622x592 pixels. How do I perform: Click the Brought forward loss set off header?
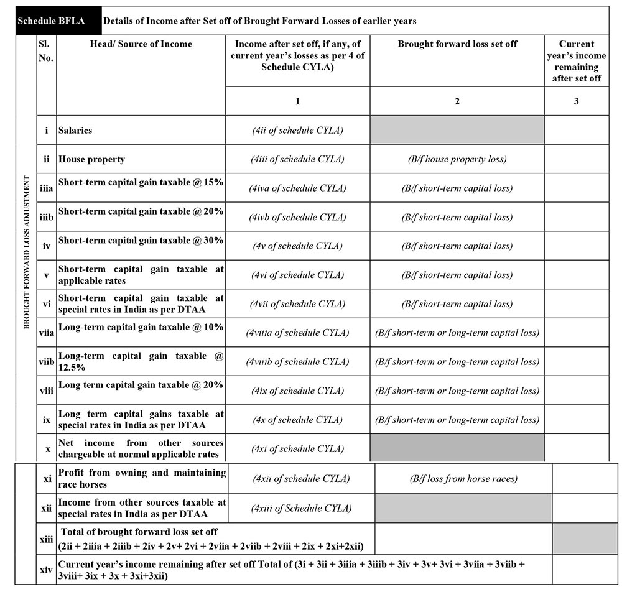[x=457, y=44]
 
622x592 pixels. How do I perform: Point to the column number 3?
[x=577, y=101]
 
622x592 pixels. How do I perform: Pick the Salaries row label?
[x=75, y=131]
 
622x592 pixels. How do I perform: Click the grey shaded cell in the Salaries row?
[x=457, y=131]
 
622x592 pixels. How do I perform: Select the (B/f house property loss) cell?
[x=457, y=159]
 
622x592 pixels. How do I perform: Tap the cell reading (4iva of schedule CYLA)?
[x=297, y=188]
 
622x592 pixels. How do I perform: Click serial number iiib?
[x=47, y=217]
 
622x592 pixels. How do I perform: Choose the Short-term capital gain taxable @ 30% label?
[x=141, y=241]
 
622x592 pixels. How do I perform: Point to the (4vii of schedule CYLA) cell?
[x=297, y=304]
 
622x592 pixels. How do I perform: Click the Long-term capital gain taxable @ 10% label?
[x=141, y=327]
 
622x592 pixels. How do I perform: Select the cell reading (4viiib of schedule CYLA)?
[x=297, y=362]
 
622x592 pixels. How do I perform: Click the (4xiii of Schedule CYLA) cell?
[x=301, y=508]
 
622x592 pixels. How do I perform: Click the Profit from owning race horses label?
[x=142, y=478]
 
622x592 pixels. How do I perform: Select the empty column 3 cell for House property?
[x=577, y=159]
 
